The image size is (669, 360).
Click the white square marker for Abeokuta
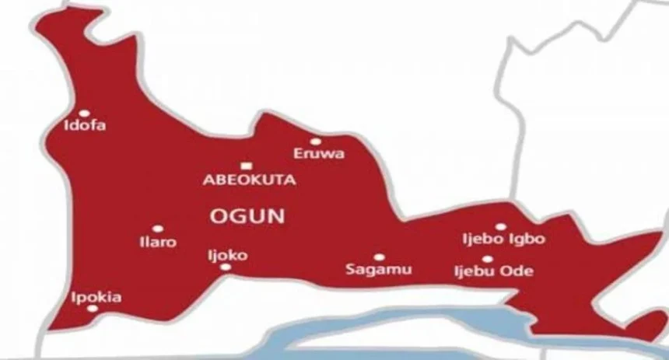(246, 165)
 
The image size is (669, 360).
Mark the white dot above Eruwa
(316, 142)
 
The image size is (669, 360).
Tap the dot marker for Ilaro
(158, 229)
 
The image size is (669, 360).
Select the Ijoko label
(226, 253)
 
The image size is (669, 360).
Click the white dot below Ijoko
(226, 267)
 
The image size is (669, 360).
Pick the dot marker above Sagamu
(379, 257)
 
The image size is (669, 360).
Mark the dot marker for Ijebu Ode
(487, 259)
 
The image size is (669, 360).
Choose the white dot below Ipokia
(93, 309)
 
